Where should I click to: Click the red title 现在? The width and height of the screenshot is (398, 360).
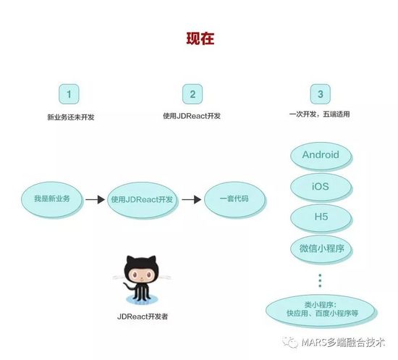tap(200, 39)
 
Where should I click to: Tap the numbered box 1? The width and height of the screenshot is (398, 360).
tap(69, 94)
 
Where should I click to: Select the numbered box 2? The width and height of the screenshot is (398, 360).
tap(192, 94)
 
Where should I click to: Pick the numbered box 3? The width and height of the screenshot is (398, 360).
tap(321, 94)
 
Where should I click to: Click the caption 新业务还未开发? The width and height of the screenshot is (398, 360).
tap(71, 117)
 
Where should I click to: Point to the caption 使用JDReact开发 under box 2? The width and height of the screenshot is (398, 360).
tap(192, 116)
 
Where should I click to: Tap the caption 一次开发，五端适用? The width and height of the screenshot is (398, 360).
tap(319, 114)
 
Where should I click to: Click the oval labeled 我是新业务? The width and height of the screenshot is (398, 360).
tap(52, 199)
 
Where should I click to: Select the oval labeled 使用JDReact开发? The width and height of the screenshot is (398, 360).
tap(142, 200)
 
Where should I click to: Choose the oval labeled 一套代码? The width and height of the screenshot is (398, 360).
tap(234, 200)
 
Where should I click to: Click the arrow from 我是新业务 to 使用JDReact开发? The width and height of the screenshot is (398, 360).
tap(95, 200)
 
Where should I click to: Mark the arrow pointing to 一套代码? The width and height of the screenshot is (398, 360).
tap(191, 200)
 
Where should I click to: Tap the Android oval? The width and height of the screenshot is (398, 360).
tap(321, 156)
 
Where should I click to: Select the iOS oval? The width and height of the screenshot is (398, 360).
tap(321, 188)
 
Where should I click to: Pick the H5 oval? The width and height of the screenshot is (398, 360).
tap(321, 218)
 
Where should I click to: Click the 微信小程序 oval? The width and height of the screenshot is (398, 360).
tap(321, 249)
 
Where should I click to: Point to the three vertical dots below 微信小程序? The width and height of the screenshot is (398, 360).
tap(320, 281)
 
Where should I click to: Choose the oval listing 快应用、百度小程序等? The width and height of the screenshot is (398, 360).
tap(321, 311)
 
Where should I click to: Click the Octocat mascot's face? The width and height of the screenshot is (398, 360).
tap(141, 274)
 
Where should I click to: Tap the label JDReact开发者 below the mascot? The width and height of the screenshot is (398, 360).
tap(143, 317)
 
